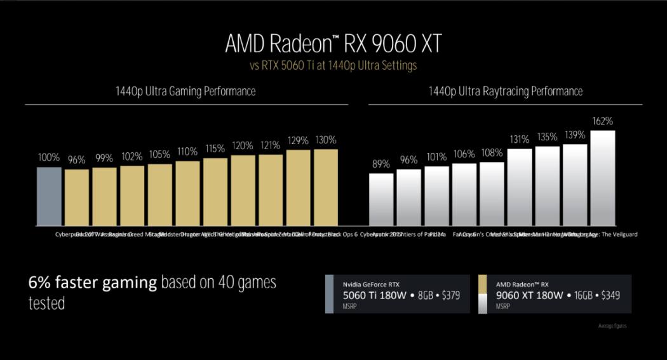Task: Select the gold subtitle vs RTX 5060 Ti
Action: pos(333,65)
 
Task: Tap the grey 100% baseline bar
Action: pos(49,197)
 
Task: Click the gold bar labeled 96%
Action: pos(77,197)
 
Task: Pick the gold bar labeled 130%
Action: pos(326,188)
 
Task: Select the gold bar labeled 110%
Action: pos(187,194)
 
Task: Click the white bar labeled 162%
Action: pos(603,178)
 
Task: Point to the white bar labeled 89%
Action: pos(381,199)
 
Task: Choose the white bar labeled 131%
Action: pos(519,187)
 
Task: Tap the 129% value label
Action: pos(298,140)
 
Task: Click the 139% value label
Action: pos(574,135)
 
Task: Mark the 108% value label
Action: pos(492,152)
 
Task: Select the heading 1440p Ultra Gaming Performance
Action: pos(187,91)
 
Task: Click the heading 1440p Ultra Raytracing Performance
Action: pos(505,91)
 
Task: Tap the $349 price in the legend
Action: pos(606,295)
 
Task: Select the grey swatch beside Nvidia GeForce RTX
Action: pos(329,294)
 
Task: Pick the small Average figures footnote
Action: pos(612,326)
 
